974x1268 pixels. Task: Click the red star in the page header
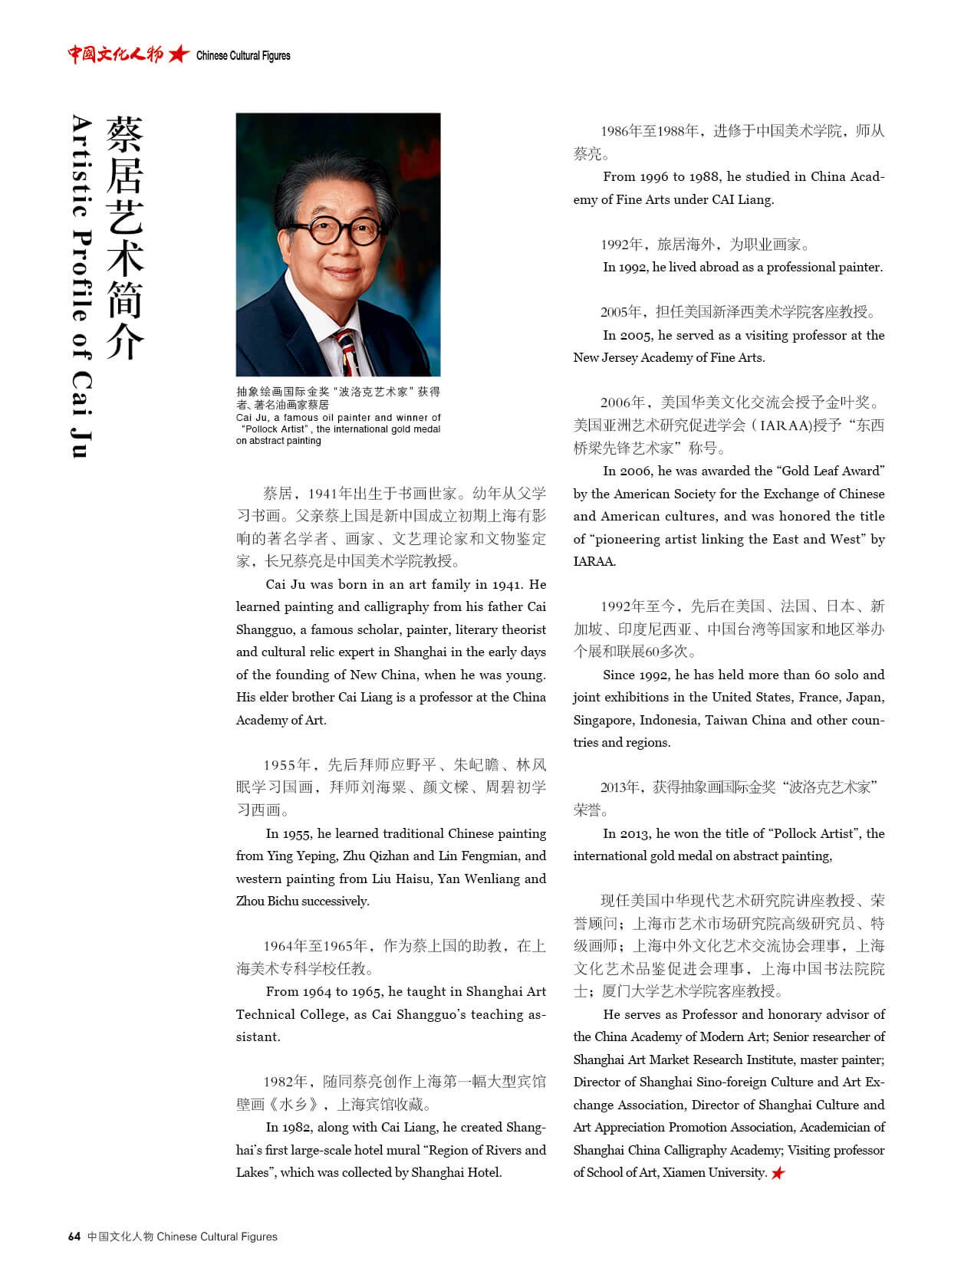179,54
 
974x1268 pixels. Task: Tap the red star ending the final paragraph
778,1173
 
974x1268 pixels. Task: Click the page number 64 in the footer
74,1237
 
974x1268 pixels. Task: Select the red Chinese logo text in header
115,54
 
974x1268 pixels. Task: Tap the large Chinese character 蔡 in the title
125,135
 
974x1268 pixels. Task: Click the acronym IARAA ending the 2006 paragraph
594,561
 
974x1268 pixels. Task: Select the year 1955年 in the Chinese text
288,764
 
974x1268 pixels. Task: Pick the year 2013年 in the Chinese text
623,787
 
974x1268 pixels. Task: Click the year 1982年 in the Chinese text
288,1082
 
